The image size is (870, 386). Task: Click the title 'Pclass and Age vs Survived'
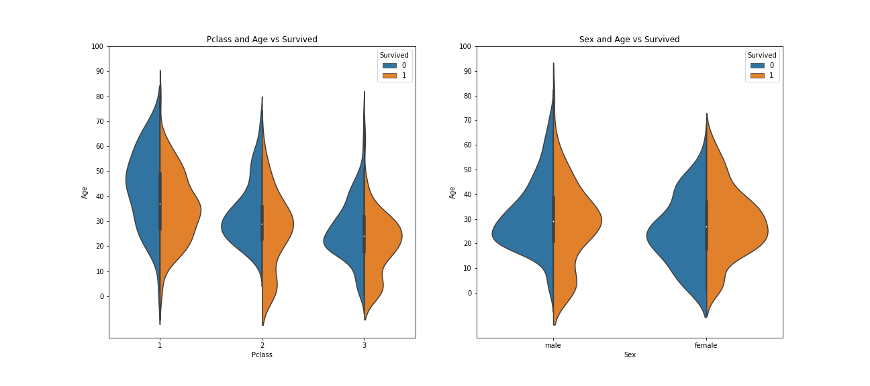262,40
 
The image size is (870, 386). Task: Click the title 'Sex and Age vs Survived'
629,40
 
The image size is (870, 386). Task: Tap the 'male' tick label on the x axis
553,346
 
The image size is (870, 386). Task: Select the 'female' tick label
706,346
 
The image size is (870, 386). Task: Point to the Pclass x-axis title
262,355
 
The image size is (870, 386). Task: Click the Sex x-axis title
630,355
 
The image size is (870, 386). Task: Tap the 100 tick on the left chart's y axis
97,46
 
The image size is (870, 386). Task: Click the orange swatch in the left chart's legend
389,76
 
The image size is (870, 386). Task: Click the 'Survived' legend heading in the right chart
762,55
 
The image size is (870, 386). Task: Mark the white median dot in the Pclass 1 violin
160,204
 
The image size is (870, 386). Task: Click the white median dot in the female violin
706,227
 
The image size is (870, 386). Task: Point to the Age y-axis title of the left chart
85,192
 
